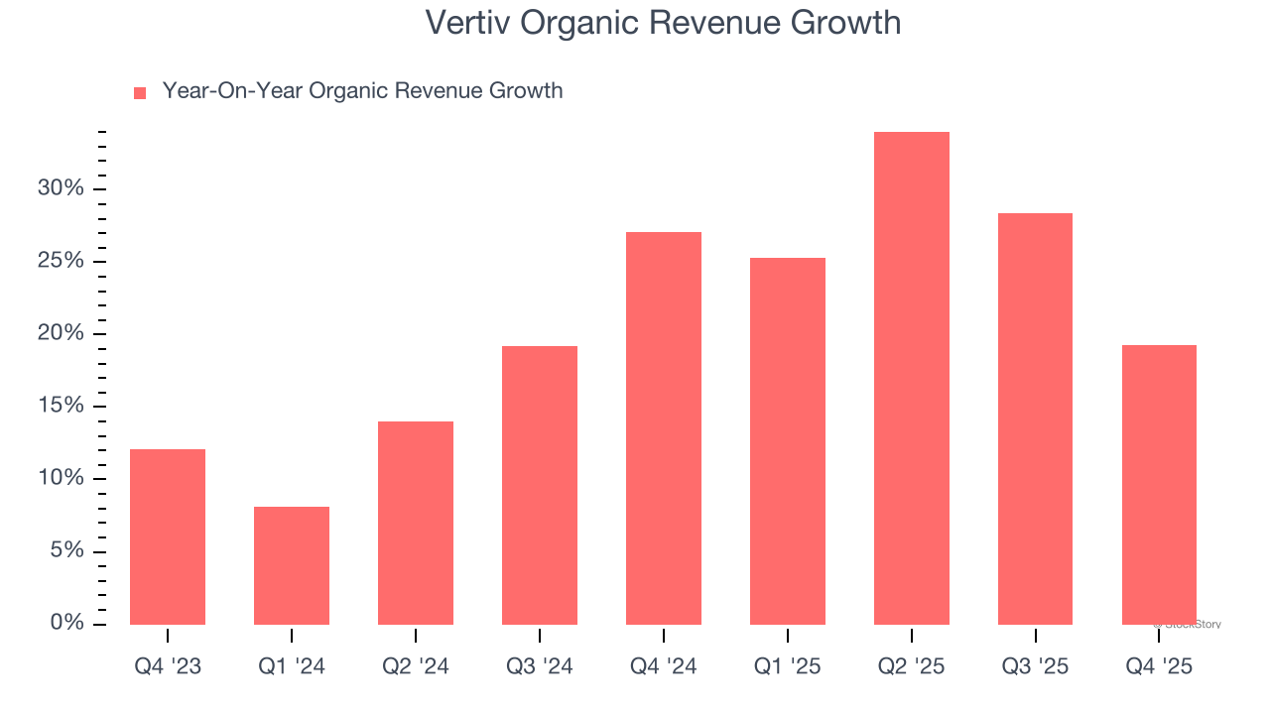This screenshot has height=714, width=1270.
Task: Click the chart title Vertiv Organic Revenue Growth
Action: pyautogui.click(x=663, y=23)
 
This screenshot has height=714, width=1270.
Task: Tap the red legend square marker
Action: pyautogui.click(x=140, y=93)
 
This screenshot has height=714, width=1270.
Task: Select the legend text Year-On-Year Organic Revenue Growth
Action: pyautogui.click(x=362, y=91)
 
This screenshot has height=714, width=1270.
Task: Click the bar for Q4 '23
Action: pyautogui.click(x=168, y=536)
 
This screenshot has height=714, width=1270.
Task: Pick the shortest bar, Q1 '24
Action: pyautogui.click(x=292, y=565)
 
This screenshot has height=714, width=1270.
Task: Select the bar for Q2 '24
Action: pyautogui.click(x=416, y=523)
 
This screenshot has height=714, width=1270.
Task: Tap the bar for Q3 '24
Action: pyautogui.click(x=540, y=485)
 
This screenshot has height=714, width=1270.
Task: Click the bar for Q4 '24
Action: pyautogui.click(x=664, y=428)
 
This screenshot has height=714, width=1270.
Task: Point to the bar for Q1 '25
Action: pyautogui.click(x=788, y=441)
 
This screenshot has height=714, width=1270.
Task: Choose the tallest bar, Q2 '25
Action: pyautogui.click(x=912, y=378)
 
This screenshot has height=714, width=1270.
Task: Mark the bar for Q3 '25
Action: pyautogui.click(x=1035, y=418)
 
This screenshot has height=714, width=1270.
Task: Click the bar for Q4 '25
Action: pyautogui.click(x=1159, y=485)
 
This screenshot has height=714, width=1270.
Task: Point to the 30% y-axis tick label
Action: pyautogui.click(x=61, y=188)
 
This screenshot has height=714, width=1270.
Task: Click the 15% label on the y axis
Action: pyautogui.click(x=61, y=406)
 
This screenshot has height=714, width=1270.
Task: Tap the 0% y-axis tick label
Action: pyautogui.click(x=66, y=623)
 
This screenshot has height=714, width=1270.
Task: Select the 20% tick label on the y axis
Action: pyautogui.click(x=61, y=333)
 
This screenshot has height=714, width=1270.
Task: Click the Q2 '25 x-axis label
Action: pyautogui.click(x=912, y=667)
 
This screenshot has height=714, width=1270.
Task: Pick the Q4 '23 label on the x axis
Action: pyautogui.click(x=168, y=667)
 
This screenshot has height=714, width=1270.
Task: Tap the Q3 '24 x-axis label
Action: pyautogui.click(x=540, y=667)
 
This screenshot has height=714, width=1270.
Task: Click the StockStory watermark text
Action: pyautogui.click(x=1188, y=625)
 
